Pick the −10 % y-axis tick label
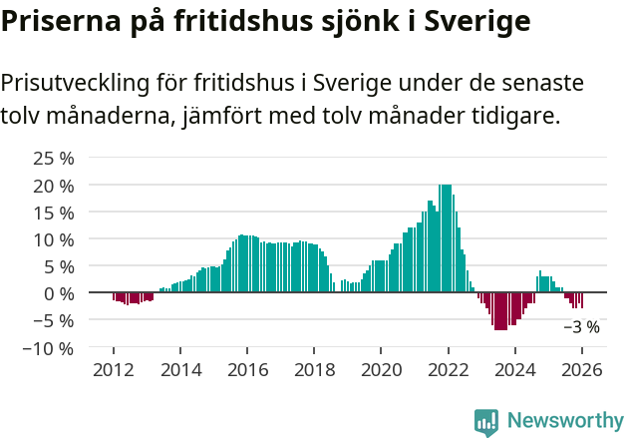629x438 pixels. (x=49, y=348)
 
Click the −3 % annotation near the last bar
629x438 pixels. (x=581, y=326)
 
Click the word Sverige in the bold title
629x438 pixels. (x=477, y=20)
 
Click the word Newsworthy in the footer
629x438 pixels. (x=565, y=421)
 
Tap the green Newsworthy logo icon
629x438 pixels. (x=486, y=422)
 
